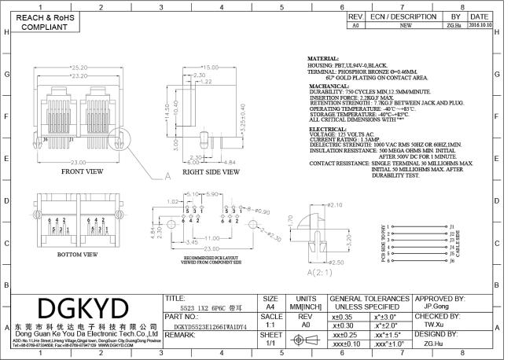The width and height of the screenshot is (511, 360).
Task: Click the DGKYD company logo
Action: [83, 303]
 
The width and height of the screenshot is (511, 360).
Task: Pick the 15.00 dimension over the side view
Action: [208, 68]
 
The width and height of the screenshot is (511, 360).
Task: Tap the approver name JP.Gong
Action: [437, 309]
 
